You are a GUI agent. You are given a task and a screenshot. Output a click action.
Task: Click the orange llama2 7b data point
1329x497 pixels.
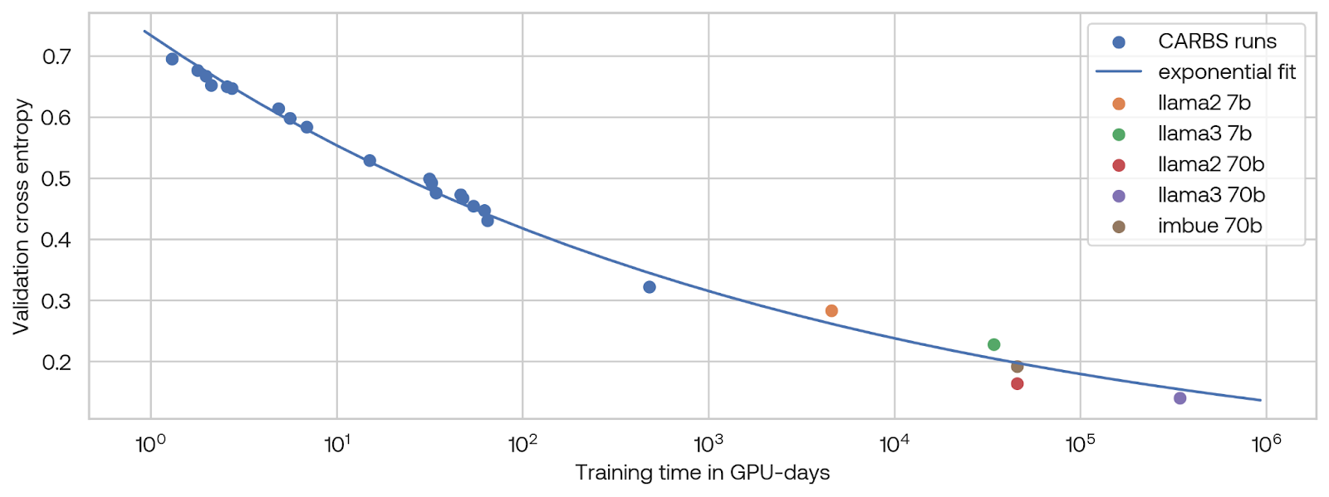tap(831, 311)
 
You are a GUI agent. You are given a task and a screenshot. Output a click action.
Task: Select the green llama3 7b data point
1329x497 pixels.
tap(993, 344)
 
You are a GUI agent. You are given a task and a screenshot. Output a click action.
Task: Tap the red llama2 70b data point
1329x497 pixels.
tap(1017, 383)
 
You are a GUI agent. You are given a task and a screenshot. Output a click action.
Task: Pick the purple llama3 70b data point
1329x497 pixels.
tap(1179, 398)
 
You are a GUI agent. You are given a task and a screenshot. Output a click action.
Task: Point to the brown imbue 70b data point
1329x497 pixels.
tap(1017, 367)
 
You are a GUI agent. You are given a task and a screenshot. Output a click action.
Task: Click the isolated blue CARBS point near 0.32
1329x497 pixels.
tap(650, 287)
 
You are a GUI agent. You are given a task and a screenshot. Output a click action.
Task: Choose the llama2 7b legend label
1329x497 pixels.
tap(1204, 103)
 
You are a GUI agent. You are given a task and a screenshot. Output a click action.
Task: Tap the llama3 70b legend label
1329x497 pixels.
tap(1211, 195)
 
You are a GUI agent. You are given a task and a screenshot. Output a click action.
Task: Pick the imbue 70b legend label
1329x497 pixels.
tap(1209, 226)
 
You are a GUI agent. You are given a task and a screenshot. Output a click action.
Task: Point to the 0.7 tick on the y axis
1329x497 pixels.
tap(57, 56)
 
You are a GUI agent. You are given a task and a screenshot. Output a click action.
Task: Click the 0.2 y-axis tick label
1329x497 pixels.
tap(57, 362)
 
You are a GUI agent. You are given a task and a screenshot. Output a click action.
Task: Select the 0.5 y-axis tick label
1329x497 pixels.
tap(57, 178)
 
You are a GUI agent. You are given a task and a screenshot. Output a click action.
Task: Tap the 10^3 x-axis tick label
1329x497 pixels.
tap(709, 444)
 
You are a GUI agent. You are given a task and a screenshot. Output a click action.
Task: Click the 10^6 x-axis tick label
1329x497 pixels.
tap(1266, 444)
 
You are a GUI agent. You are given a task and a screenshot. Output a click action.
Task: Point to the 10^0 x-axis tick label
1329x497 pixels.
tap(150, 444)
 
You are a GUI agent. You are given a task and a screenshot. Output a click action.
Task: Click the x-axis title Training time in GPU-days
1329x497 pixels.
tap(702, 473)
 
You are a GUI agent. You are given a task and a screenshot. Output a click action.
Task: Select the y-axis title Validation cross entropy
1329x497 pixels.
tap(22, 217)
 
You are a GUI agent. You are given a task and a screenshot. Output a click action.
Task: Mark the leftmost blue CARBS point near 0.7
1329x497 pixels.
tap(172, 59)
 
